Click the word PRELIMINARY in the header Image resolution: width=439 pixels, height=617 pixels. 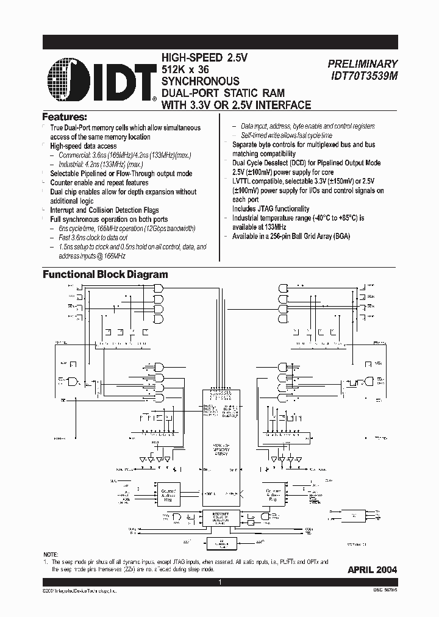tap(362, 63)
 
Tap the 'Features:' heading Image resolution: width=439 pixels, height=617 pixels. tap(64, 116)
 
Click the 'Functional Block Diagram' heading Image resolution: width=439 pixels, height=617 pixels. tap(105, 274)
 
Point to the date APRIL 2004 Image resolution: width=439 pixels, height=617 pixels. tap(372, 569)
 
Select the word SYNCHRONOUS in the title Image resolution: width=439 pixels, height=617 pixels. tap(200, 81)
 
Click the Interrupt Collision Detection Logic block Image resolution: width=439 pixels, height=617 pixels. tap(220, 518)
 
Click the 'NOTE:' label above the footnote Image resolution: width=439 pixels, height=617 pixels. tap(52, 554)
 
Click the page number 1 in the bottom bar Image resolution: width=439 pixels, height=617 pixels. tap(220, 583)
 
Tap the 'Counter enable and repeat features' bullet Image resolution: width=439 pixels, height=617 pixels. tap(99, 182)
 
